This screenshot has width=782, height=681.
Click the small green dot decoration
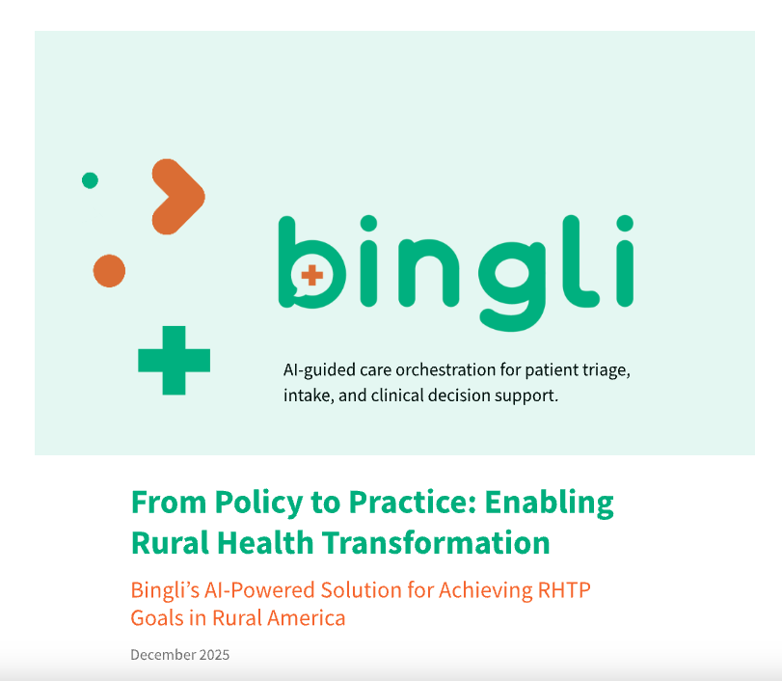(x=90, y=180)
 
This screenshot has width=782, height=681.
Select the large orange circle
(x=109, y=271)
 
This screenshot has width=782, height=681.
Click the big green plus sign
(x=175, y=360)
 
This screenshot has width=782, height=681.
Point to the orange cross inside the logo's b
(x=312, y=275)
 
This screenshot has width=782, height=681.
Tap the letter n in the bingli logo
(x=429, y=272)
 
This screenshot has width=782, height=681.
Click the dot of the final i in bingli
(x=625, y=223)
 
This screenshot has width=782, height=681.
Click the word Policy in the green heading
(x=258, y=503)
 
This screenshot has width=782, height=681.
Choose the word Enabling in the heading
(x=549, y=503)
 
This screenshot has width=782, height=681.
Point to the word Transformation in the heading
(x=436, y=543)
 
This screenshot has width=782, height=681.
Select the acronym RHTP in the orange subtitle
(x=564, y=590)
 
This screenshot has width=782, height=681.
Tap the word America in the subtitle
(x=307, y=618)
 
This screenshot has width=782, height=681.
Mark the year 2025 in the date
(x=214, y=655)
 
